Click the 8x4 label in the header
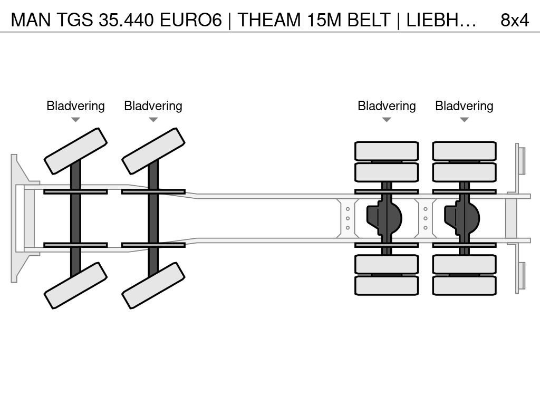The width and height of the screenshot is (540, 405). point(515,20)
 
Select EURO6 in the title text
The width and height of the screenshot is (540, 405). point(191,20)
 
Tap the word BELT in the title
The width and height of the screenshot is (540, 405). point(369,20)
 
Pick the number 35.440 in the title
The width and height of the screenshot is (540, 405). point(126,20)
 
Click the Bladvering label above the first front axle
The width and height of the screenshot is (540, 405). point(75,106)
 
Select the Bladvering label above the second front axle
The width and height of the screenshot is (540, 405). point(153,106)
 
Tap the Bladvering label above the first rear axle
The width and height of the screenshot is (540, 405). point(387,106)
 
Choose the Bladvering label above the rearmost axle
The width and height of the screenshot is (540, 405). point(464,106)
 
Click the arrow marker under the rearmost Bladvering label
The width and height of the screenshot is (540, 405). point(464,120)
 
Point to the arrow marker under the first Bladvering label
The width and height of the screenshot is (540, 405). point(75,120)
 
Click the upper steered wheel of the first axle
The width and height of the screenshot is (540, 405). point(76,151)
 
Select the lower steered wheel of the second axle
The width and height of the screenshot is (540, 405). point(153,285)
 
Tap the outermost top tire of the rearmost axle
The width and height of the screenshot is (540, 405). point(464,151)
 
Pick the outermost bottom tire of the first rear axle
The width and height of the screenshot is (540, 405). point(387,285)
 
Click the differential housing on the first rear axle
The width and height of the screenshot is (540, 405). point(384,218)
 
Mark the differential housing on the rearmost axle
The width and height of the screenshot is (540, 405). point(462,218)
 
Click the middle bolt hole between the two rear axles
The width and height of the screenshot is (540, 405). point(426,218)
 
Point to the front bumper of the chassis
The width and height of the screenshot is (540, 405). point(20,218)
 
